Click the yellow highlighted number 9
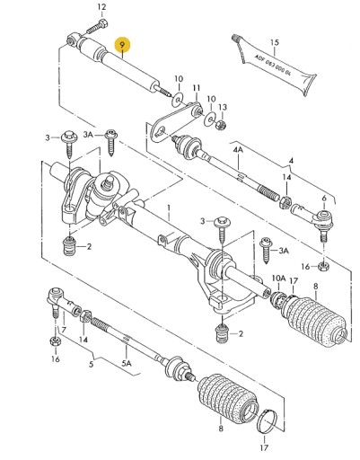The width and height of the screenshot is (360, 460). pyautogui.click(x=123, y=43)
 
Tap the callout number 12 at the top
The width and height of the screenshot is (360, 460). pyautogui.click(x=101, y=7)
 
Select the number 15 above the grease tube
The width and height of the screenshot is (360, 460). pyautogui.click(x=276, y=42)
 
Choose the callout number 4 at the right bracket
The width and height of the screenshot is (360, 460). pyautogui.click(x=290, y=162)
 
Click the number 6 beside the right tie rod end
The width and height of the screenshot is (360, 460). pyautogui.click(x=323, y=198)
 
